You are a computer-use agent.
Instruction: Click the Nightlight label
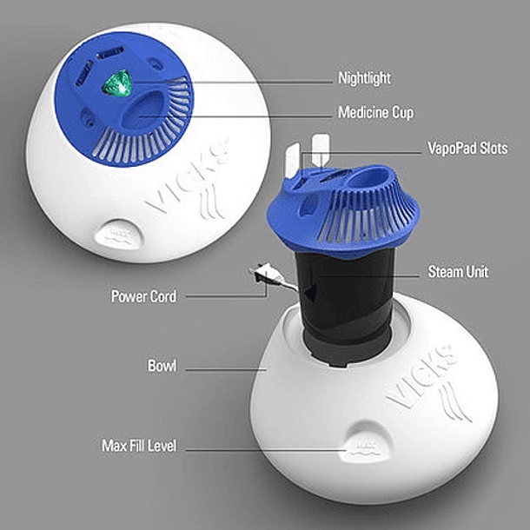(x=364, y=78)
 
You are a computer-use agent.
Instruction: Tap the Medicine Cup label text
(x=375, y=113)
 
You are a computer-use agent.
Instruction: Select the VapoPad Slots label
(x=467, y=148)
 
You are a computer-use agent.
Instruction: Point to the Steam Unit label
(x=458, y=271)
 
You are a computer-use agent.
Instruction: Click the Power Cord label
(x=143, y=296)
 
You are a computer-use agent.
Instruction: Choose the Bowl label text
(x=162, y=366)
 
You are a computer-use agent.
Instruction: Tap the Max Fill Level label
(x=139, y=446)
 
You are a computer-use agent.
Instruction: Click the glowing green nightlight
(x=117, y=83)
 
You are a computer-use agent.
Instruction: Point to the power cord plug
(x=265, y=275)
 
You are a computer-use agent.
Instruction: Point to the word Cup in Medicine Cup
(x=402, y=113)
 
